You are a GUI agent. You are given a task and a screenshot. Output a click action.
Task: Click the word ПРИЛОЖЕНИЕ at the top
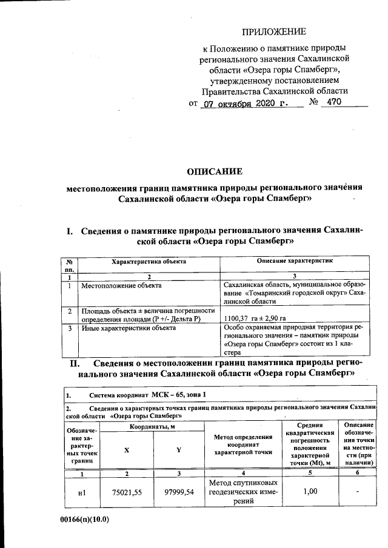tap(274, 31)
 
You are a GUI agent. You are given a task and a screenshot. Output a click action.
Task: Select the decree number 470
tap(334, 102)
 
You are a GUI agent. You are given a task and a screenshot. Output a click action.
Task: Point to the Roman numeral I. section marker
tap(70, 231)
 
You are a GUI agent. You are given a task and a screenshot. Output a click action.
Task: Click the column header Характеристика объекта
tap(149, 261)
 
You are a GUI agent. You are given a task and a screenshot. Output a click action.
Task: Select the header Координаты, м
tap(152, 428)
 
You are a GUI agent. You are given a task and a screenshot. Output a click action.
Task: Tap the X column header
tap(126, 450)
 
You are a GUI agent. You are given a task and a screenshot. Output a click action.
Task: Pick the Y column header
tap(178, 450)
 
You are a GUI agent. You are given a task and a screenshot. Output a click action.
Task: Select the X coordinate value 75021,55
tap(126, 492)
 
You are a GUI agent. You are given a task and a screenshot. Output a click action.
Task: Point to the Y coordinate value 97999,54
tap(179, 492)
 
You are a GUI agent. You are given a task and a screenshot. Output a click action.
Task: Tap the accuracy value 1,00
tap(310, 492)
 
